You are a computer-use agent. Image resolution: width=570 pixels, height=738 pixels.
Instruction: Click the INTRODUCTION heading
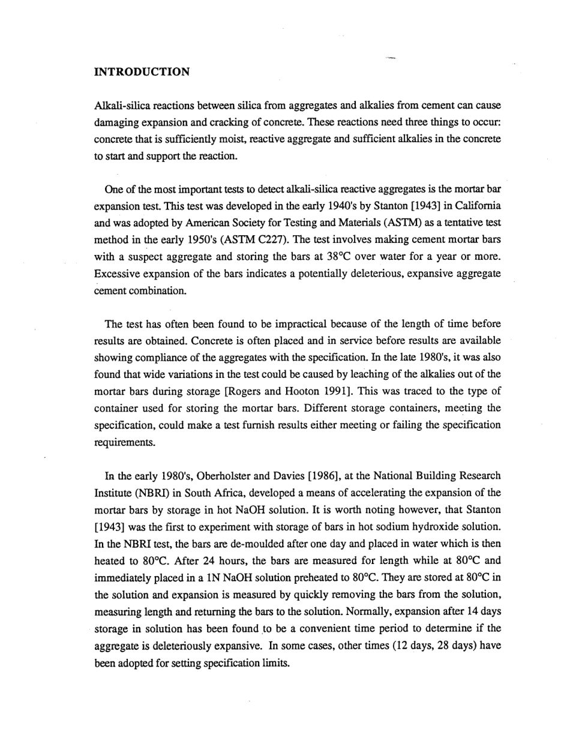pos(142,72)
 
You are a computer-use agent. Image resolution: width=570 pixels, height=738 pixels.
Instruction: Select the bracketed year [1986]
pos(326,476)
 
